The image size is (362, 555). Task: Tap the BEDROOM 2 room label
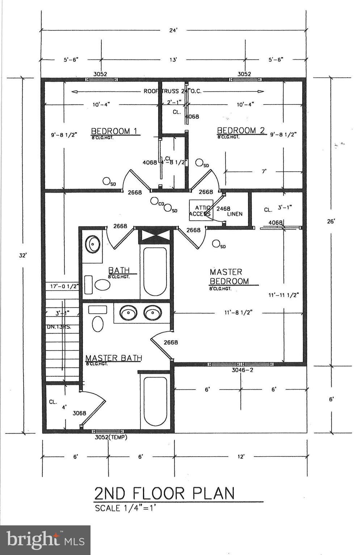tap(241, 130)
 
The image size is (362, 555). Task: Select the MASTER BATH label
tap(114, 358)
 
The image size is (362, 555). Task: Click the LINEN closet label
tap(235, 214)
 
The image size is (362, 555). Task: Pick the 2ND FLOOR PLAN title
tap(164, 493)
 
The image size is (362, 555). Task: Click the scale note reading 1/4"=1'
tap(125, 508)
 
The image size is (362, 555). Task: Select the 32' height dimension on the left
tap(23, 255)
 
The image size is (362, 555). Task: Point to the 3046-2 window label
tap(242, 370)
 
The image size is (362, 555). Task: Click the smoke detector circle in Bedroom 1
tap(106, 181)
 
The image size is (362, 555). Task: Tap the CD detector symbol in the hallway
tap(155, 201)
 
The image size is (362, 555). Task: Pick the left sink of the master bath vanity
tap(127, 313)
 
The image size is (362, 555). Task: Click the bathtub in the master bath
tap(155, 401)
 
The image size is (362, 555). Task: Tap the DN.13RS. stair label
tap(58, 327)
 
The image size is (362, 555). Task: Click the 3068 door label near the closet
tap(79, 413)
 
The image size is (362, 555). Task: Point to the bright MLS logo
tap(45, 540)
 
